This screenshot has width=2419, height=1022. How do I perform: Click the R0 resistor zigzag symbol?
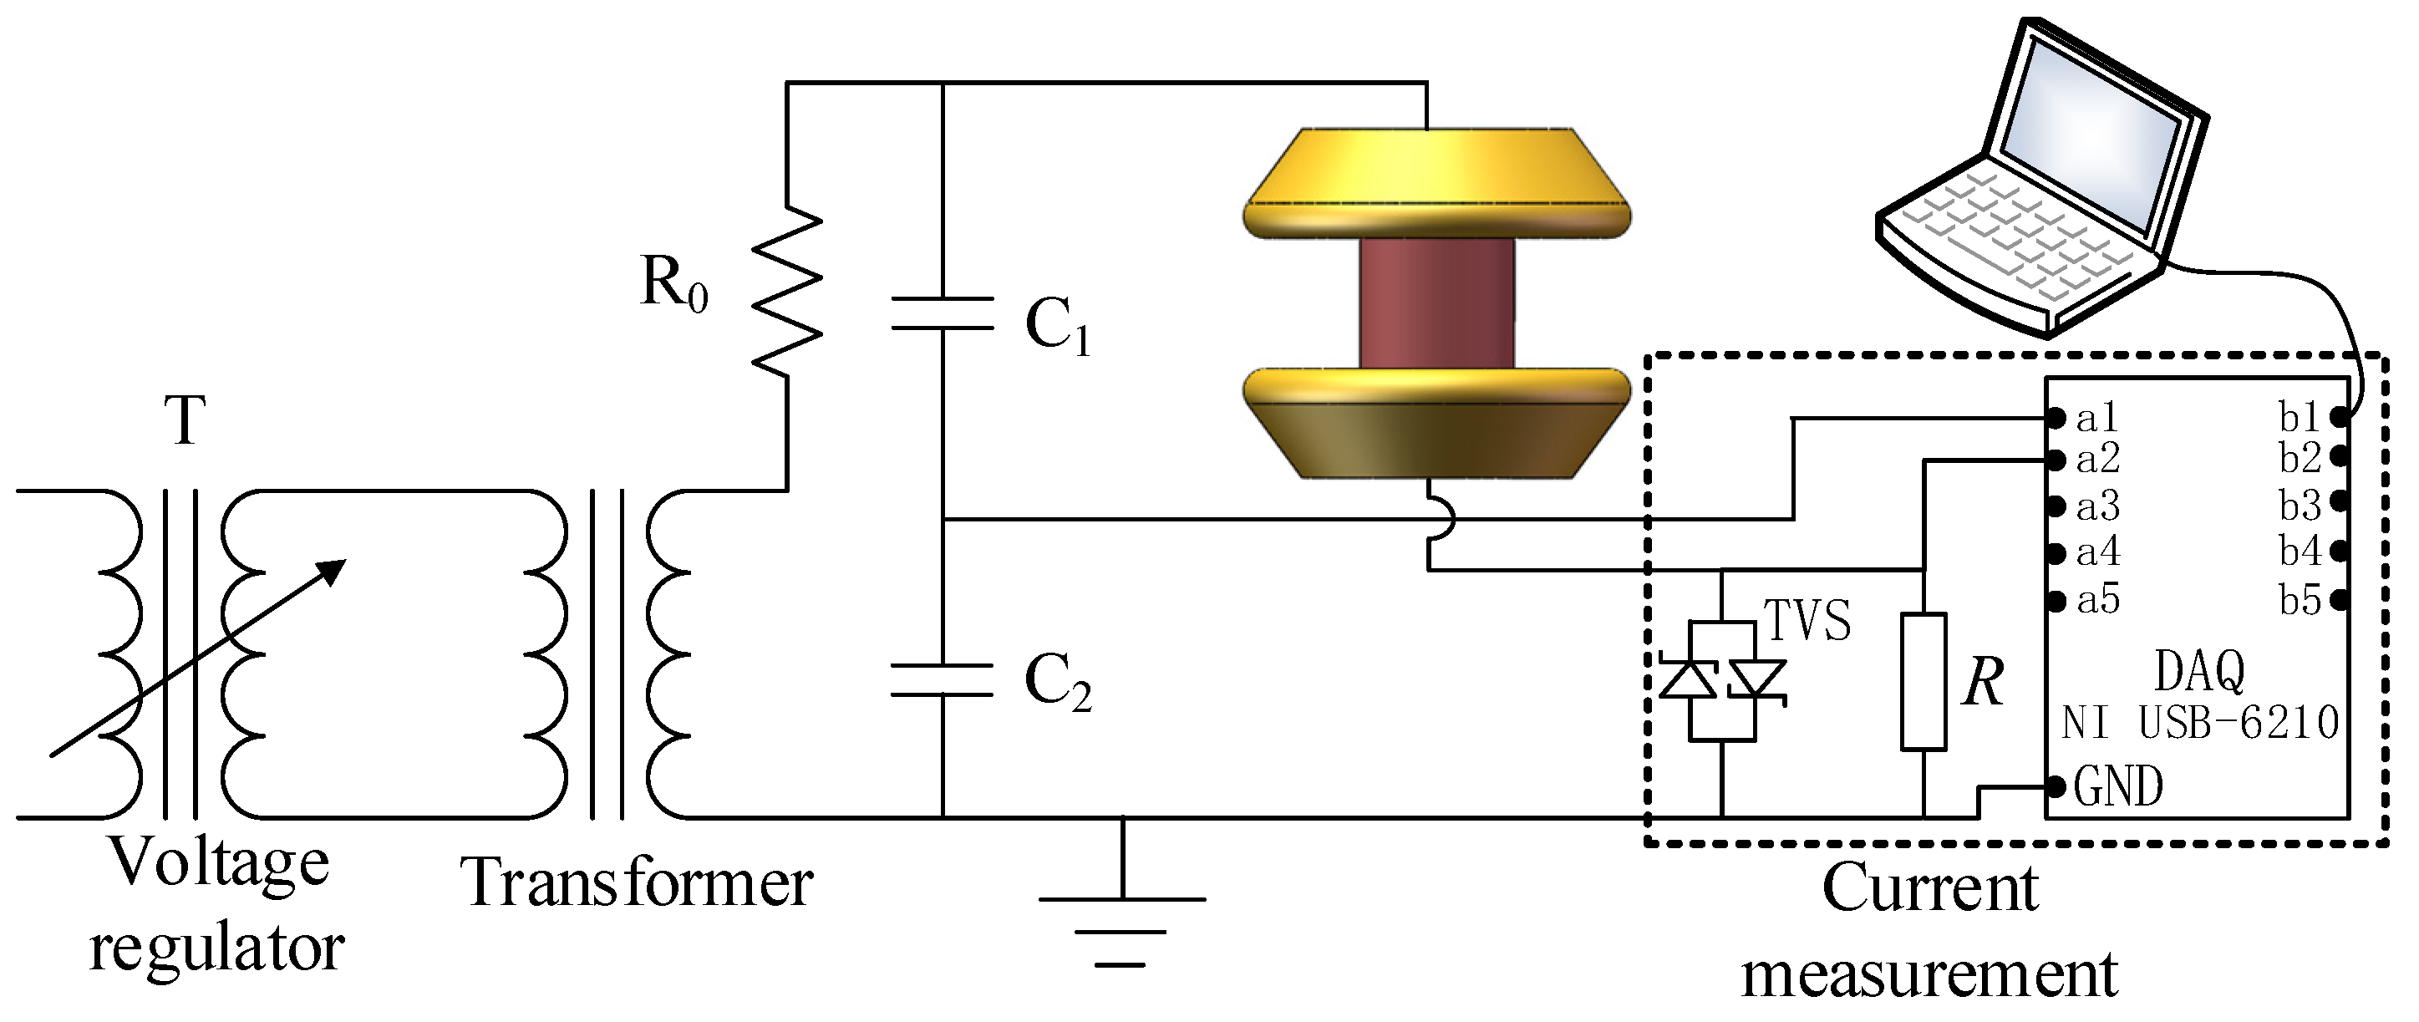[787, 291]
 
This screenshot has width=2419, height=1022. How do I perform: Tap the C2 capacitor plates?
[942, 680]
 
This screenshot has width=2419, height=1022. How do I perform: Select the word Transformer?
[637, 884]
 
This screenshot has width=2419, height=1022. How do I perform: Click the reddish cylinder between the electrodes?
[1436, 303]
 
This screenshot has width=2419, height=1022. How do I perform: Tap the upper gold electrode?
[1436, 183]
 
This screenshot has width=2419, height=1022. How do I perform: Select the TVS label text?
[1807, 621]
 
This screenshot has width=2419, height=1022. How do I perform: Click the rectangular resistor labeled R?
[1924, 682]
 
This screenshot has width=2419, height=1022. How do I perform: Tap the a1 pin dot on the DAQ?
[2056, 418]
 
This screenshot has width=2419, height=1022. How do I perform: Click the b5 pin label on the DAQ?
[2300, 600]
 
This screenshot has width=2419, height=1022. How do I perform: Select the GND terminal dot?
[2056, 786]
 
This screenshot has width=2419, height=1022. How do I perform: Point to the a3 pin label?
[2098, 506]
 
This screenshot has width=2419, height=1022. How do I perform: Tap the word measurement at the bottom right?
[1929, 975]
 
